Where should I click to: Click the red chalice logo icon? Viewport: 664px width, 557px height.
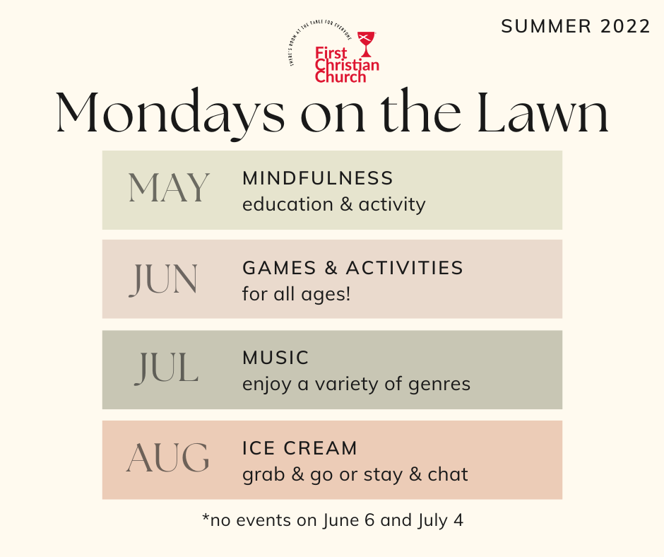(367, 44)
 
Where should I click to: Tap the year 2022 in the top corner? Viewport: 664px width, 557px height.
(625, 26)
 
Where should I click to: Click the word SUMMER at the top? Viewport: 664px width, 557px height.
(546, 26)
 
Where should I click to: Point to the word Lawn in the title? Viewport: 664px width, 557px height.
(543, 112)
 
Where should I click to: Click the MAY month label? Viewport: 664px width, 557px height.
(169, 187)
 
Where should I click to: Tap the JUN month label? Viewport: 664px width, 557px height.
(163, 279)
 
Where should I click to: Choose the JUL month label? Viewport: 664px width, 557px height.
(167, 369)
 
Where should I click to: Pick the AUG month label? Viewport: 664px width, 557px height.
(167, 458)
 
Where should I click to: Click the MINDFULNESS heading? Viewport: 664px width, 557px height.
(318, 178)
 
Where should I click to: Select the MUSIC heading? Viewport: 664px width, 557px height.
(275, 358)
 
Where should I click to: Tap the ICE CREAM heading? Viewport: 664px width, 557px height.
(300, 448)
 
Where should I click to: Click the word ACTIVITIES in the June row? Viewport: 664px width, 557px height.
(405, 268)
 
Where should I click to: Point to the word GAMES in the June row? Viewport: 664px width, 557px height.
(279, 268)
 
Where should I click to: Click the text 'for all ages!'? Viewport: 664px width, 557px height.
(297, 294)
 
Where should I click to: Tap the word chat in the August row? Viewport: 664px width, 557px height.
(448, 474)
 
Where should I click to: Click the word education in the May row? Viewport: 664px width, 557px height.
(287, 204)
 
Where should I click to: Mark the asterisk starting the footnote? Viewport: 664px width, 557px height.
(206, 517)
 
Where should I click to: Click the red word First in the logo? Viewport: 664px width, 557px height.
(331, 54)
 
